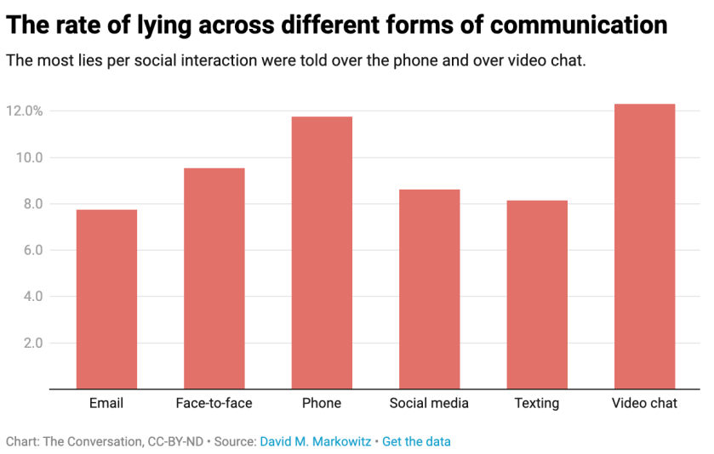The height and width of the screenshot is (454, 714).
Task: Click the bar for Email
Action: pos(106,299)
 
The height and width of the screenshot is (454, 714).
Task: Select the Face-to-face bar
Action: pos(214,279)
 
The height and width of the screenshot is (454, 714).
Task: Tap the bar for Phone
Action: pos(322,253)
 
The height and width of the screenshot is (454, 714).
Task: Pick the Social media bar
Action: pos(429,289)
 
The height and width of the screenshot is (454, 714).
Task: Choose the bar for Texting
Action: pos(536,295)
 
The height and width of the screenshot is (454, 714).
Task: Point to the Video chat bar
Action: pos(644,247)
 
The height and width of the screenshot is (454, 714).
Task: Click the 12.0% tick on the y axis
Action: pos(24,111)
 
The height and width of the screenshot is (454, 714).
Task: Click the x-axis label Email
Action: pos(106,403)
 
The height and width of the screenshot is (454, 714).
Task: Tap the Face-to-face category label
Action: pos(214,403)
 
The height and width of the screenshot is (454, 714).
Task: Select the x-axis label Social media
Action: pos(429,403)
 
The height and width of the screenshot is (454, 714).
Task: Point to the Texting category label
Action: pos(536,403)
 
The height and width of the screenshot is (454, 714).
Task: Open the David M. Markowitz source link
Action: pos(315,442)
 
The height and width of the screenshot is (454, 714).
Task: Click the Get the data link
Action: pos(416,442)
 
